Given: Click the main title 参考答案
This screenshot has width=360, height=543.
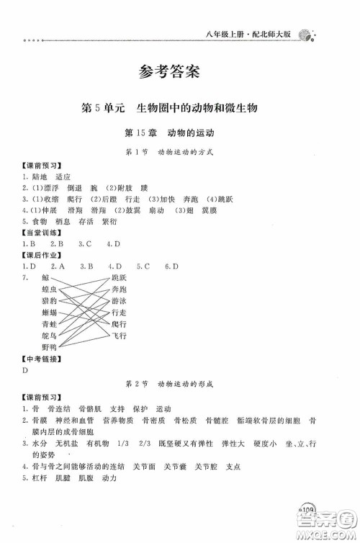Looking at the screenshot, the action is pos(180,71).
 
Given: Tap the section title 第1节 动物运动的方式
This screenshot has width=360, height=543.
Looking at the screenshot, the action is pos(180,153).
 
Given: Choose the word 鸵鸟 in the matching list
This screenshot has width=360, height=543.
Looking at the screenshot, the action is pos(49,335).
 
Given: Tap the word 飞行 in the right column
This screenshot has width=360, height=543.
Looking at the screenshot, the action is pos(119,335).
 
